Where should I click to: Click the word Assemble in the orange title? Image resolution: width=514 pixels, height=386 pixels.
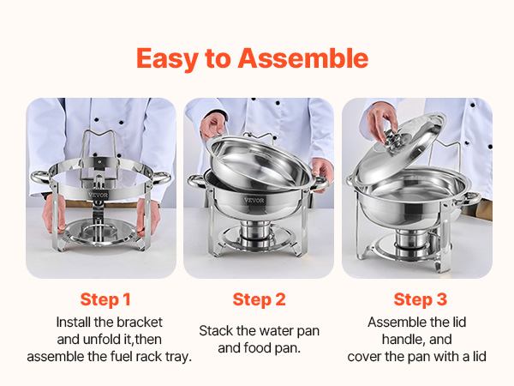point(303,58)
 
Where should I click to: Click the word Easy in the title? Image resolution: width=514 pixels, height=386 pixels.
point(168,59)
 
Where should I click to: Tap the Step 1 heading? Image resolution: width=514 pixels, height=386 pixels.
point(105,299)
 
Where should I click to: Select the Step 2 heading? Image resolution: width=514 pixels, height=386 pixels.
point(259,299)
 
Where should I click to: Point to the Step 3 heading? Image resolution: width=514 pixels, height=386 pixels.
point(421,299)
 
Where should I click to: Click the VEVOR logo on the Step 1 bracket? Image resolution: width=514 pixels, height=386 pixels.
point(98,195)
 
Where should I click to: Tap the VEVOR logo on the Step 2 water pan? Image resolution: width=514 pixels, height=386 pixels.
point(254,200)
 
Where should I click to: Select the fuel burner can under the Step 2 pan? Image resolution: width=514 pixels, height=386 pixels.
point(255,233)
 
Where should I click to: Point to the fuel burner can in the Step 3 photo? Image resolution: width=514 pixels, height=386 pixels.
point(412,242)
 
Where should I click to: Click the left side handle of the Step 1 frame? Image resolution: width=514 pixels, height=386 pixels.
point(40,178)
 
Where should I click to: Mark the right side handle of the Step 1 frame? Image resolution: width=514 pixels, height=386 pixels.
point(162,178)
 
